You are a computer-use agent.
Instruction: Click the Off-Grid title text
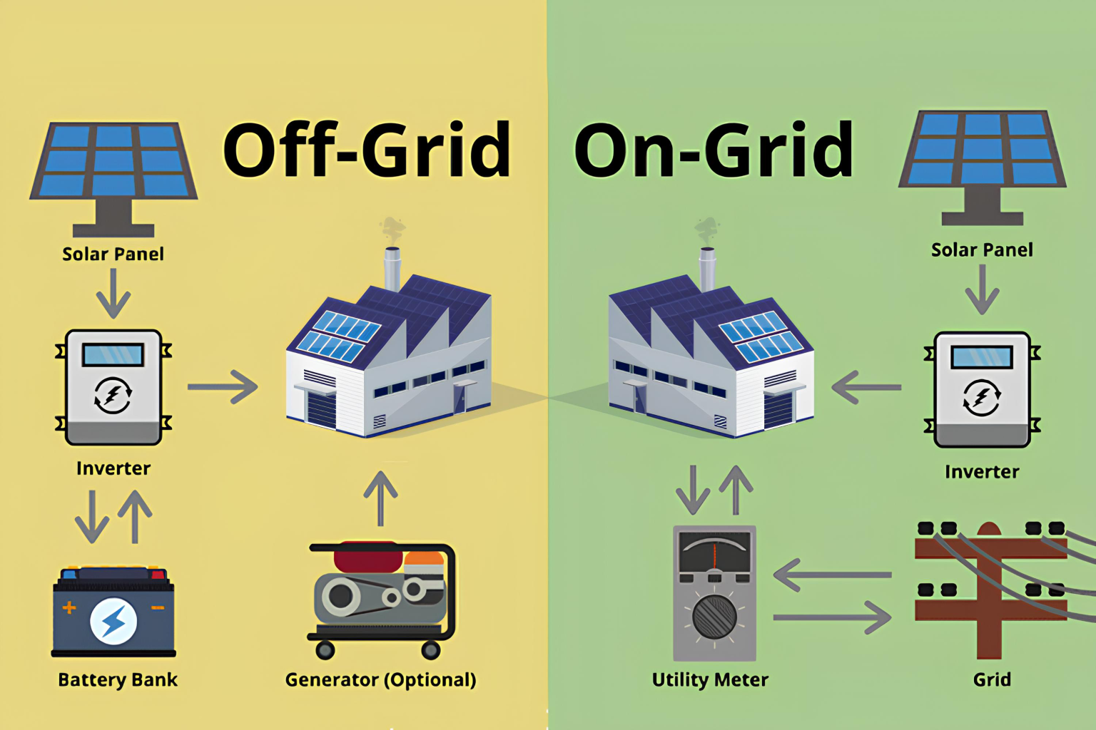click(367, 150)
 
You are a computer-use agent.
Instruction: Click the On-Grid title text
click(714, 150)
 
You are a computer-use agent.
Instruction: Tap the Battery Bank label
click(118, 680)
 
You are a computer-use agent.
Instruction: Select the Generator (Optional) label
click(380, 680)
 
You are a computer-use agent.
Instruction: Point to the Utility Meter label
click(710, 680)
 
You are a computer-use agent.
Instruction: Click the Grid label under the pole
click(992, 680)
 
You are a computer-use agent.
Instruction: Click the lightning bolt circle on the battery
click(113, 621)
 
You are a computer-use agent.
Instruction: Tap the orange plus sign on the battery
click(69, 607)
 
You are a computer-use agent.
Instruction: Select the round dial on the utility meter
click(714, 617)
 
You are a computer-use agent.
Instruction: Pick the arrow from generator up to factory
click(380, 498)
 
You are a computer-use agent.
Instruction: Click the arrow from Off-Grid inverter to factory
click(223, 387)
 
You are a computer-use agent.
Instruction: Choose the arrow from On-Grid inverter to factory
click(866, 388)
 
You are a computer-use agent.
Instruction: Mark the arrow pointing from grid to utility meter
click(832, 575)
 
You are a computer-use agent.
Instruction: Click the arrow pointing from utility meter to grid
click(832, 617)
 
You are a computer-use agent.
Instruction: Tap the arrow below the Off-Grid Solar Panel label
click(113, 293)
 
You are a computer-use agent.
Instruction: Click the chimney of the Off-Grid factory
click(392, 267)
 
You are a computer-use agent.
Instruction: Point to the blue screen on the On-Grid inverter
click(982, 356)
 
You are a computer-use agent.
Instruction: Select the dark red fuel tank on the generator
click(367, 557)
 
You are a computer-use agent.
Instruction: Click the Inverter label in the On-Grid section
click(982, 472)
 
